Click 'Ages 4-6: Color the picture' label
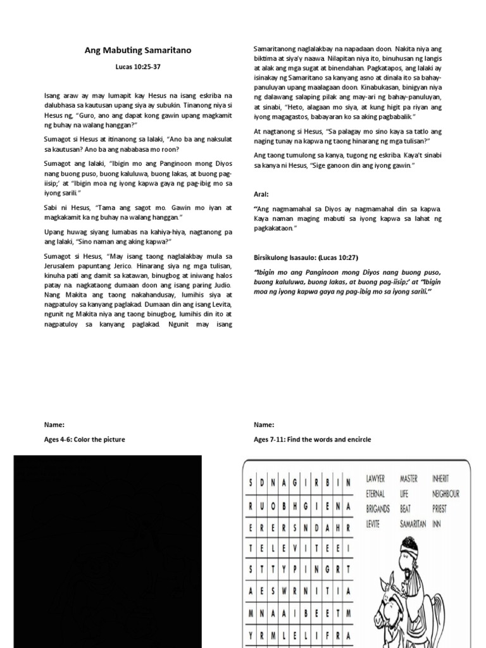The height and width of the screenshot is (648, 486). (84, 439)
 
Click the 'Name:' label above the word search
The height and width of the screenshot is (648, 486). (263, 425)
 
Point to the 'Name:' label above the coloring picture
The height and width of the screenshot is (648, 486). (54, 425)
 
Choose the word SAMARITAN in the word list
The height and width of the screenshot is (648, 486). (413, 524)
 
